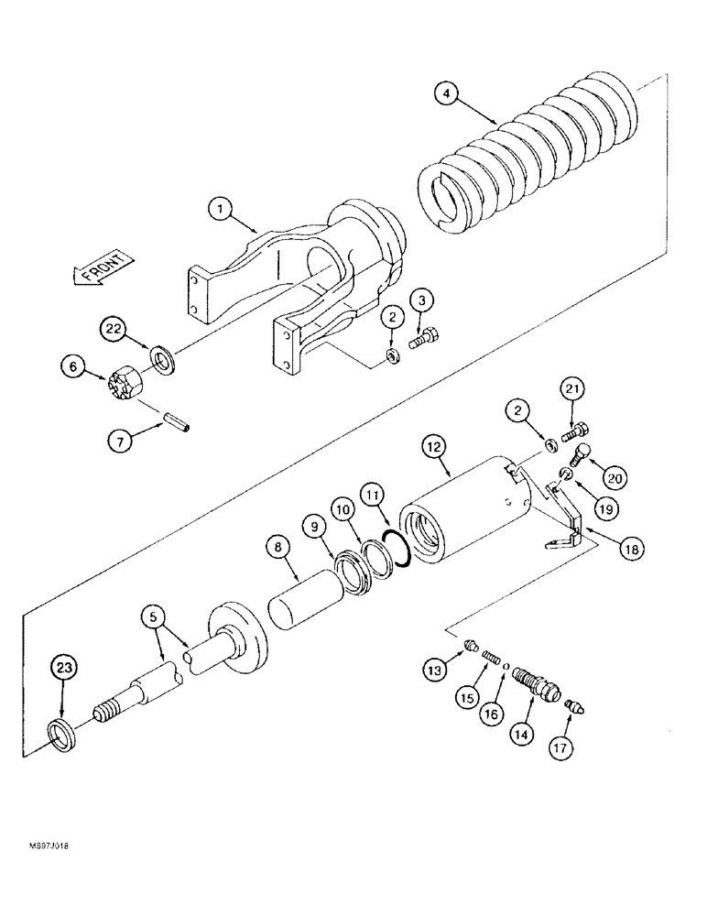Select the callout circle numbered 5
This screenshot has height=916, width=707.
tap(152, 616)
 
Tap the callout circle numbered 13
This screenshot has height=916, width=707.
tap(436, 671)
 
